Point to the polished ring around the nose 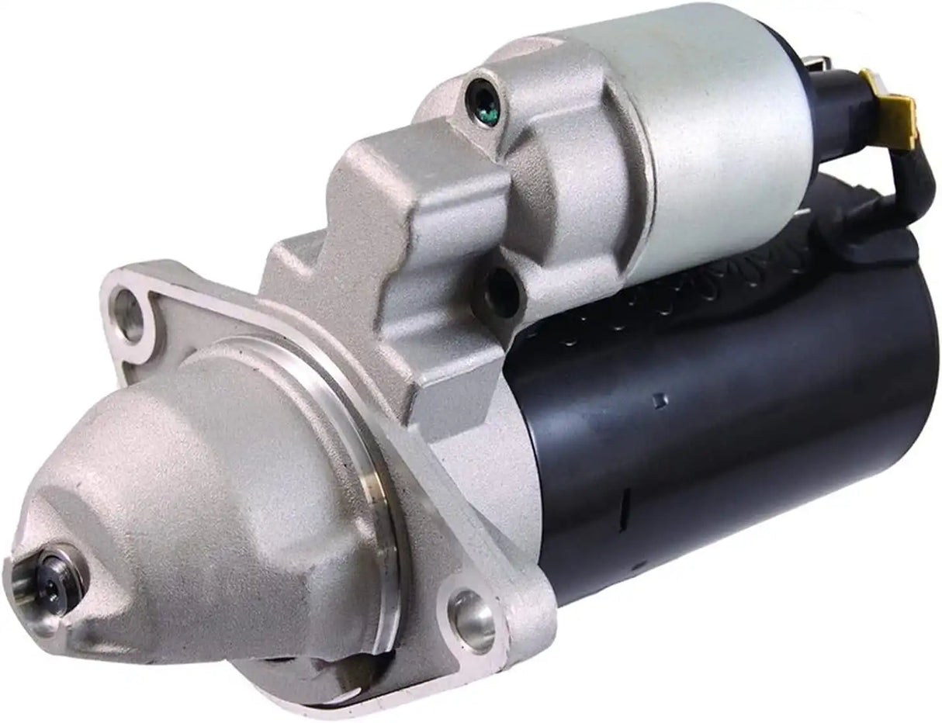372,496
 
